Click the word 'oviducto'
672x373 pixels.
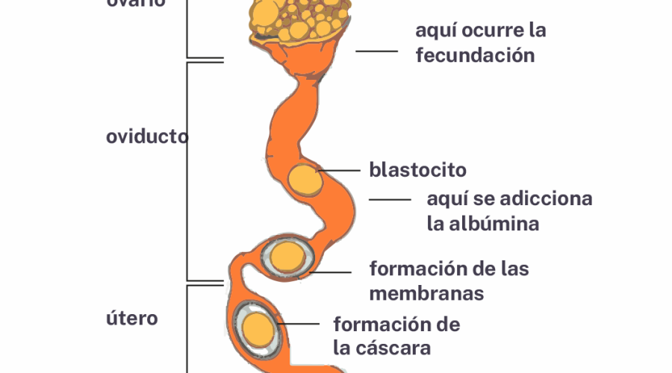(147, 137)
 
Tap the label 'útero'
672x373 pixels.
(132, 319)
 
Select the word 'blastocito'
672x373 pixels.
(417, 170)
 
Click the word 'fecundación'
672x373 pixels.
(475, 55)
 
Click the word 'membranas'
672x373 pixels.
(426, 293)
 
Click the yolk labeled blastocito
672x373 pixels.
(303, 179)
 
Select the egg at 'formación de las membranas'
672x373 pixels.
(286, 257)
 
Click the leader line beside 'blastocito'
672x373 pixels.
(340, 171)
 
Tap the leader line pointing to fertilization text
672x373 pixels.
(376, 51)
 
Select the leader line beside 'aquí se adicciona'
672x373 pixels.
(390, 200)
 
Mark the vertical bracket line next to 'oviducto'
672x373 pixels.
(187, 172)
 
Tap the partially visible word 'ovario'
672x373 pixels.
(135, 3)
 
